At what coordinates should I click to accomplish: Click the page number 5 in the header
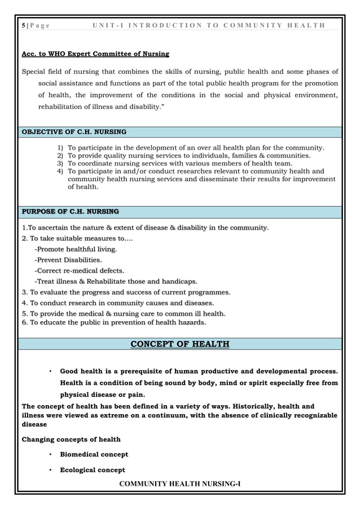coord(23,25)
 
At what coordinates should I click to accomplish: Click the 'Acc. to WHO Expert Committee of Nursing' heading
coord(95,54)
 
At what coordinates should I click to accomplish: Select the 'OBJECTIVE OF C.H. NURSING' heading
coord(74,132)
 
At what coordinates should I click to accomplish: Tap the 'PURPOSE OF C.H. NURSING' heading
coord(70,212)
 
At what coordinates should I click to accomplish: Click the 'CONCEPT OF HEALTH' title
coord(180,344)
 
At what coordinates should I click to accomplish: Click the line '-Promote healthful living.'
coord(76,249)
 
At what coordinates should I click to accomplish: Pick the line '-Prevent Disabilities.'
coord(68,260)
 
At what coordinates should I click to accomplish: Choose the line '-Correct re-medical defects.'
coord(79,271)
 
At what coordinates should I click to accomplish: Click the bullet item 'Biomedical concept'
coord(94,454)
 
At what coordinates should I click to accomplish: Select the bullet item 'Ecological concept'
coord(93,470)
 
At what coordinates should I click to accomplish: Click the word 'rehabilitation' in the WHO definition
coord(62,106)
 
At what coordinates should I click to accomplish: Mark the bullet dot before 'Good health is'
coord(50,371)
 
